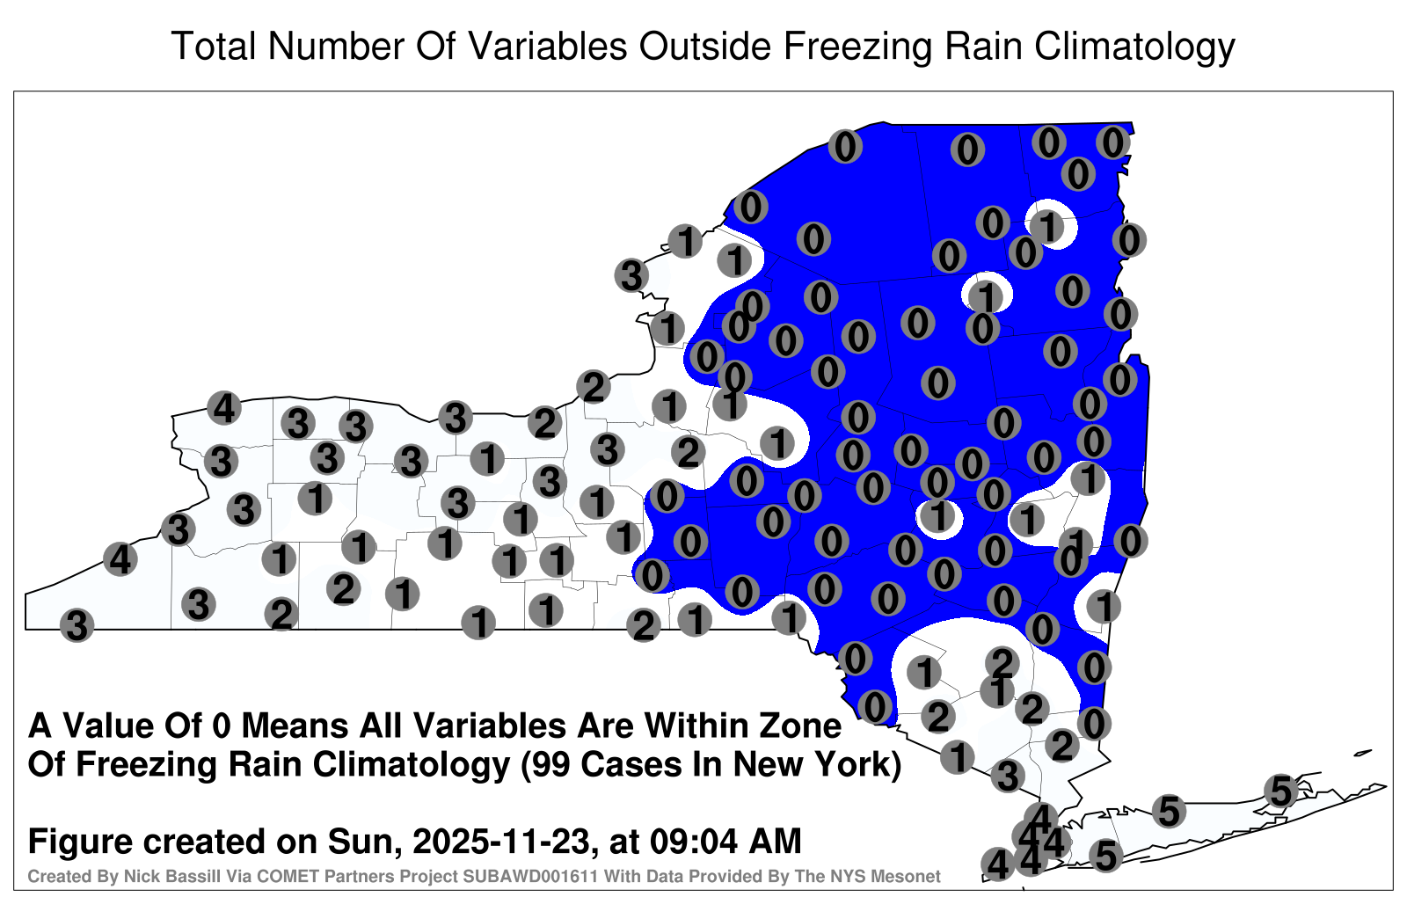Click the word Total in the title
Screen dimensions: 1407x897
click(x=215, y=46)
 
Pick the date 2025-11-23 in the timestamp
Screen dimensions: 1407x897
click(x=502, y=841)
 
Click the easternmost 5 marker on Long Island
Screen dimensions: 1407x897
click(x=1280, y=791)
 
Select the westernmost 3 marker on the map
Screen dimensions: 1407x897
click(x=77, y=625)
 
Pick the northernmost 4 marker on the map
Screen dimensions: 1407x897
click(x=224, y=408)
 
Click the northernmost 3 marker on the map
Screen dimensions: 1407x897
click(x=631, y=275)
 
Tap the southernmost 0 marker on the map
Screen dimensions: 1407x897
click(x=1094, y=724)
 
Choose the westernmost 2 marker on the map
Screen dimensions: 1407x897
click(x=281, y=614)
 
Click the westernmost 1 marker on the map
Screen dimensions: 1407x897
click(x=279, y=558)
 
